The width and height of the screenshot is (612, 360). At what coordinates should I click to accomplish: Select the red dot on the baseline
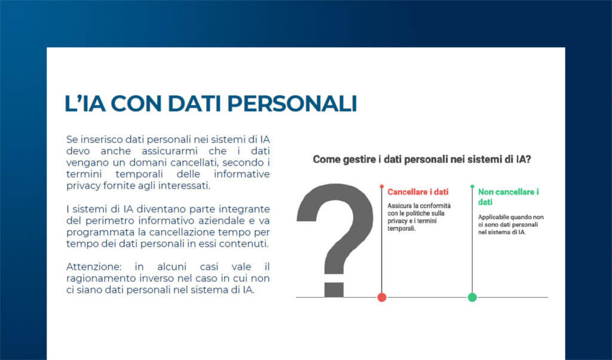point(382,297)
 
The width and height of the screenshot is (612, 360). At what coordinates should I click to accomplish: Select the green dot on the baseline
point(472,297)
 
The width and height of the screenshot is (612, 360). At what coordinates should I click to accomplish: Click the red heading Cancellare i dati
point(418,193)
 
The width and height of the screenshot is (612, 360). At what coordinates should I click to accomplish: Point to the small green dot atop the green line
point(472,187)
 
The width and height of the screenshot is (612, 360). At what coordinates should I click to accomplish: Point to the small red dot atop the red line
point(382,187)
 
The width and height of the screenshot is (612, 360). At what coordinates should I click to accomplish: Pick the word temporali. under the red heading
point(401,228)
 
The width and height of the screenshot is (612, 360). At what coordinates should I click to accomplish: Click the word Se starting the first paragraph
point(72,139)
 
